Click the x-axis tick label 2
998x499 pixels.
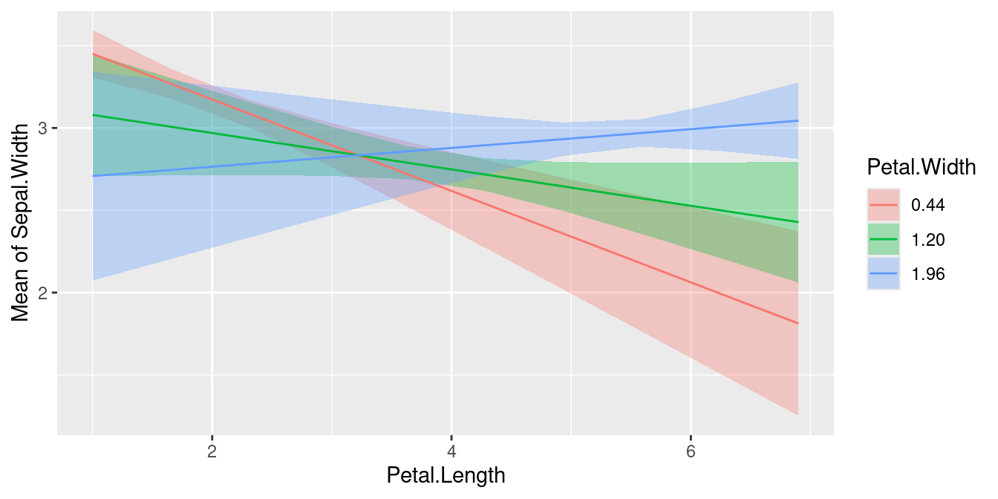[x=212, y=452]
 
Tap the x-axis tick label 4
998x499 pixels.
[x=451, y=452]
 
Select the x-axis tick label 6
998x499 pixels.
[x=691, y=452]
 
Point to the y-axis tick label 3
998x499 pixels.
[x=43, y=128]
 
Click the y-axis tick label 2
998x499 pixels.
[x=43, y=293]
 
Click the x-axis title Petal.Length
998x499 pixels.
[x=446, y=476]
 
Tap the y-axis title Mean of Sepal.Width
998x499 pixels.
[x=22, y=222]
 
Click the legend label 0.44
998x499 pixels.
[x=928, y=206]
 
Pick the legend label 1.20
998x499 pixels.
[x=928, y=240]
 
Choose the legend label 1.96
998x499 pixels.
[x=928, y=274]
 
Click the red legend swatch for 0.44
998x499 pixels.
[x=884, y=206]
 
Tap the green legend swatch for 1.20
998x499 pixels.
[x=884, y=240]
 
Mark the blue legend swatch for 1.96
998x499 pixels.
[x=884, y=274]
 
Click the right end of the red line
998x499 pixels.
[x=798, y=324]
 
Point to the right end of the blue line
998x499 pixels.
[x=798, y=120]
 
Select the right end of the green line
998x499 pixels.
[x=798, y=222]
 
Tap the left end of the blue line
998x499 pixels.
[x=93, y=176]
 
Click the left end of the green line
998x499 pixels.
[x=93, y=115]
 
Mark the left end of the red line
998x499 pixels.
[x=93, y=54]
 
